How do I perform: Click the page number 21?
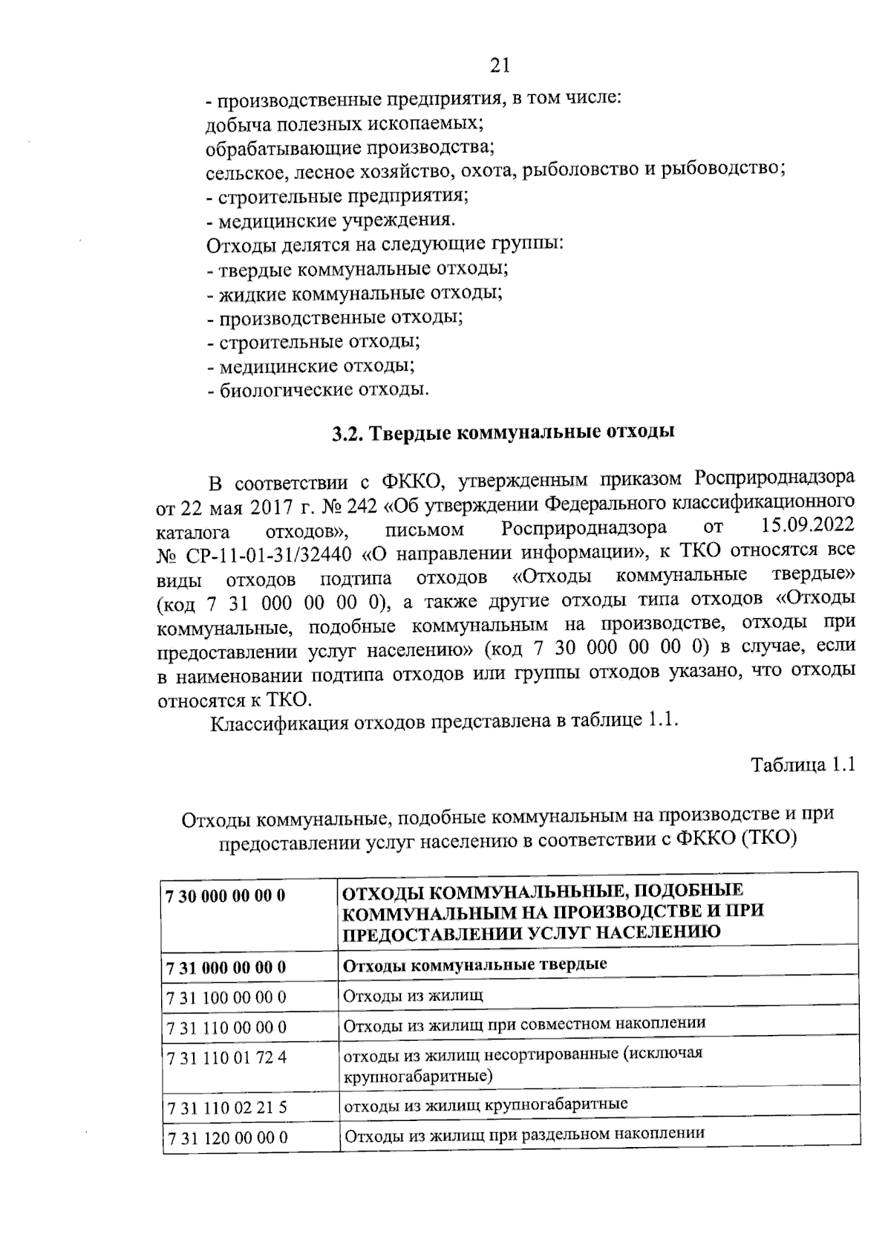click(500, 66)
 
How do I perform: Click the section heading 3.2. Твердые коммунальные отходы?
click(503, 433)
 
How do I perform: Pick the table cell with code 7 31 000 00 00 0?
click(227, 967)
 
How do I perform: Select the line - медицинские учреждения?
click(330, 220)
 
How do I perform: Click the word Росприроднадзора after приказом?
click(774, 476)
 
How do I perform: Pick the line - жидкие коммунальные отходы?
click(354, 293)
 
